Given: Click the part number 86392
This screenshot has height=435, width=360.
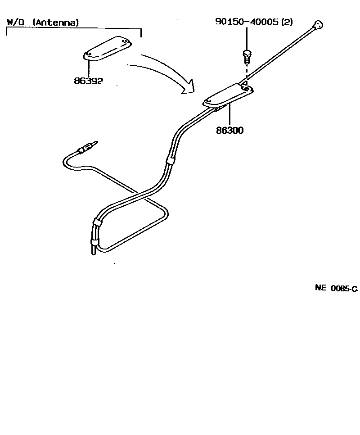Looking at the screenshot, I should pyautogui.click(x=89, y=82).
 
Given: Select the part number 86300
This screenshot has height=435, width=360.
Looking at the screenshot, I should pyautogui.click(x=229, y=131).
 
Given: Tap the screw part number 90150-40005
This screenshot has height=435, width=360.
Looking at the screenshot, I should pyautogui.click(x=247, y=22).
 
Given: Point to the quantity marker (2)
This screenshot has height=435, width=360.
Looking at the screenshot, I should pyautogui.click(x=287, y=22).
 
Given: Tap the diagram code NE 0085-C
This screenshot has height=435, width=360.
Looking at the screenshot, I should pyautogui.click(x=336, y=289).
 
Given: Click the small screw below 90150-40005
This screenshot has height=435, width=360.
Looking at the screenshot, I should pyautogui.click(x=246, y=56).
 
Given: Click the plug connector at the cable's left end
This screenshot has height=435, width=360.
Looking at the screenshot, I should pyautogui.click(x=85, y=149).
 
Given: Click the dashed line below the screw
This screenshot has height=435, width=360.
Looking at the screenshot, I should pyautogui.click(x=246, y=72).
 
